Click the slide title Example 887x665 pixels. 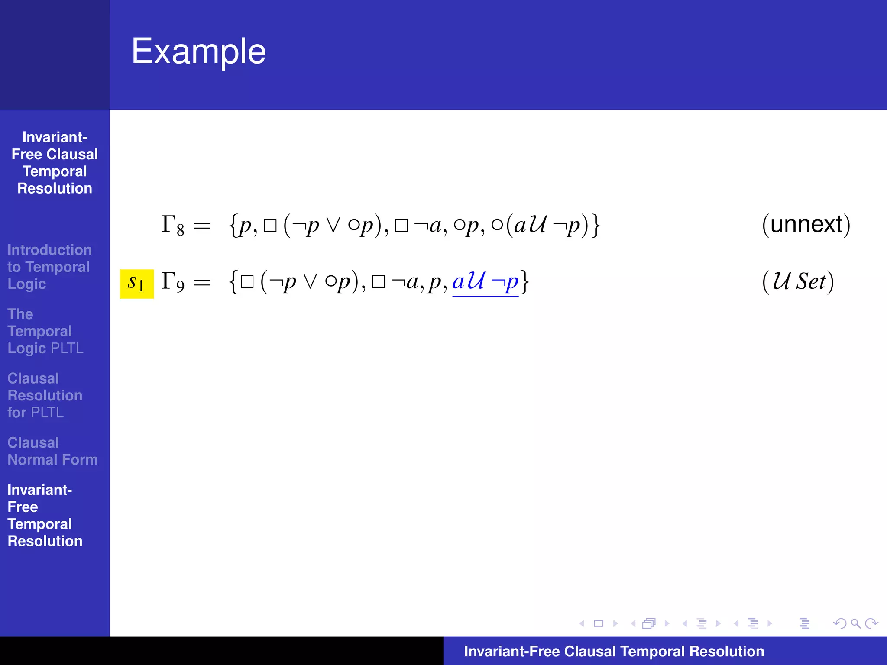(x=198, y=52)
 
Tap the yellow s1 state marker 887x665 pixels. (x=136, y=284)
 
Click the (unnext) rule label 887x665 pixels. (x=806, y=225)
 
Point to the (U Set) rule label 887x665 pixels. (x=798, y=282)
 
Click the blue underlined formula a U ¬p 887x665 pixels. (x=485, y=282)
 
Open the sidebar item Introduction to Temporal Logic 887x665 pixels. (x=49, y=267)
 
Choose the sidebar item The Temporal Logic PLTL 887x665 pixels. (x=45, y=331)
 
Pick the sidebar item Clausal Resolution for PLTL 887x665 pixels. (x=45, y=395)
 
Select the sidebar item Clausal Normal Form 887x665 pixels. (x=52, y=451)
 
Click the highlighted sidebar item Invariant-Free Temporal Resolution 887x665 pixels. (x=45, y=515)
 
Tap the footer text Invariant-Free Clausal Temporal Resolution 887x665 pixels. (x=614, y=651)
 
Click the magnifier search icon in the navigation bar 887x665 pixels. (x=855, y=623)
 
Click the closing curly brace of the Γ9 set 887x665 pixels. (x=524, y=282)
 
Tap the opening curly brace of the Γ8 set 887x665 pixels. (x=233, y=226)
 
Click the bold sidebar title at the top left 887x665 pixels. (x=55, y=163)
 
